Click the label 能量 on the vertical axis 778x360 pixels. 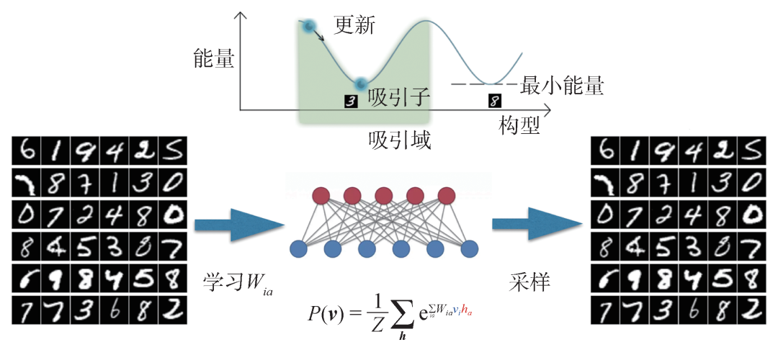pos(214,58)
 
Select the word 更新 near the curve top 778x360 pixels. pos(355,27)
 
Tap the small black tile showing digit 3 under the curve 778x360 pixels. pos(351,101)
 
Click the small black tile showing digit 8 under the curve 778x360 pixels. pos(493,101)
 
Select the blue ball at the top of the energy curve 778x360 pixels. pos(309,27)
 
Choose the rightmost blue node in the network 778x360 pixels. pos(469,249)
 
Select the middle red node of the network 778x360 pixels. pos(383,195)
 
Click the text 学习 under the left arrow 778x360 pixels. pos(220,283)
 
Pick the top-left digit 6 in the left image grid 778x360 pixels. pos(27,153)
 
